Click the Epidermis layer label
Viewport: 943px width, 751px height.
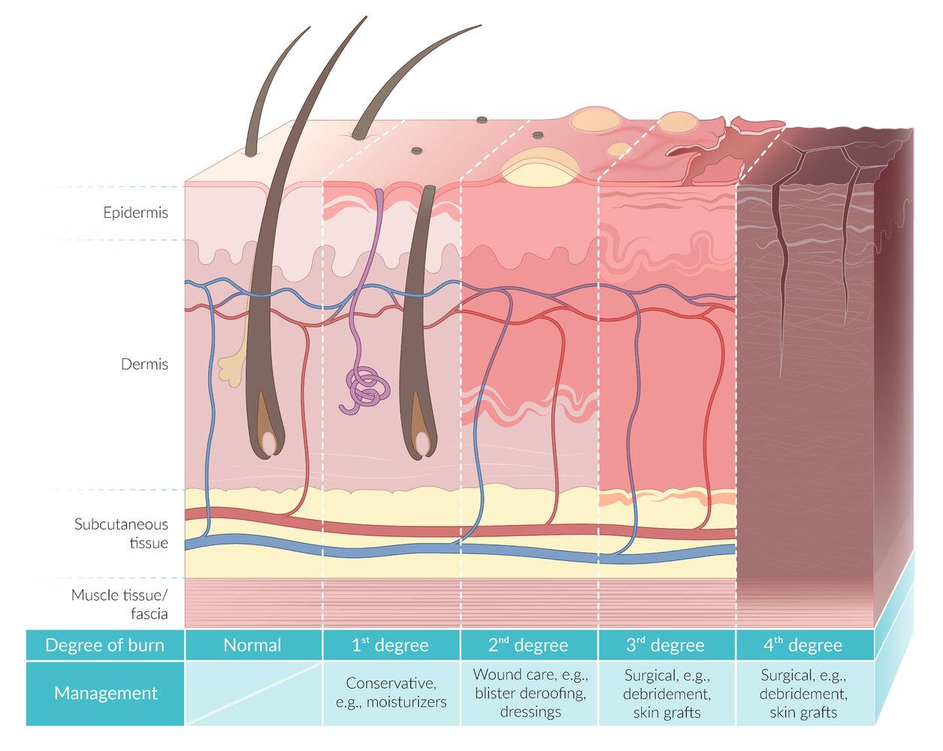(135, 213)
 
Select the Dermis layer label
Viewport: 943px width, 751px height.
(144, 364)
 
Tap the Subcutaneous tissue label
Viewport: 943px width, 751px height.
(121, 533)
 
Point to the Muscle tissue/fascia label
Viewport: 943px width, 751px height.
(119, 605)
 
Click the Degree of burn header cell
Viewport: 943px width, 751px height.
(104, 645)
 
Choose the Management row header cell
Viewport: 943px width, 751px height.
(105, 693)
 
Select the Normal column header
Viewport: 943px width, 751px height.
(252, 645)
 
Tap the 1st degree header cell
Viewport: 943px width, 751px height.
(390, 645)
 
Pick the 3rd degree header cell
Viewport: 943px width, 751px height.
(666, 645)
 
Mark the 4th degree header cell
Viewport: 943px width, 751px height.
(802, 645)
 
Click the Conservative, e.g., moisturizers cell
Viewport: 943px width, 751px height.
(391, 693)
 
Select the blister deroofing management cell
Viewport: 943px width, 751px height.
(530, 693)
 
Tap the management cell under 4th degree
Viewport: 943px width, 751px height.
(803, 693)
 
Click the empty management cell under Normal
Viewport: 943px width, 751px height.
(252, 693)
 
